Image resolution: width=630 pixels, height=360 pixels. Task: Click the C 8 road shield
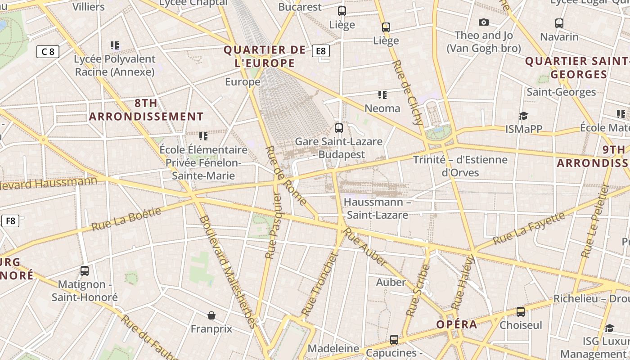coord(48,51)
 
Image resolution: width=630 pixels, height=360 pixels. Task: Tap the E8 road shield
coord(321,51)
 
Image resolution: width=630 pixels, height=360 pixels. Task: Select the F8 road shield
coord(10,221)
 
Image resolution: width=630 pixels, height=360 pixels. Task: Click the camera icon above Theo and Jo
coord(484,22)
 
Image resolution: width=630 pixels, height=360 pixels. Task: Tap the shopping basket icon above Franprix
coord(211,315)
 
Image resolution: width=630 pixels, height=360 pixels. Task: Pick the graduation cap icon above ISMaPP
coord(523,116)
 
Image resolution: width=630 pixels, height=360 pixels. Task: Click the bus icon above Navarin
coord(559,23)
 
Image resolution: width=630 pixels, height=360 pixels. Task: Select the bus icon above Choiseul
coord(521,311)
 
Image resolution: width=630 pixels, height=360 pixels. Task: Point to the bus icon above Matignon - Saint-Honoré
coord(85,271)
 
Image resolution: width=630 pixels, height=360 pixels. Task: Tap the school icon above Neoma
coord(382,95)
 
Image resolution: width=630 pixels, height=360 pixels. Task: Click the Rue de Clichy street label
coord(408,92)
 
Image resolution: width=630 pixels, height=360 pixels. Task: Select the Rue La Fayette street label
coord(529,229)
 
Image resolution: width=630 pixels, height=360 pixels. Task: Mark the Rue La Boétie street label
coord(126,219)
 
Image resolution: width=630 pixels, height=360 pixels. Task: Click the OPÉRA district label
coord(457,324)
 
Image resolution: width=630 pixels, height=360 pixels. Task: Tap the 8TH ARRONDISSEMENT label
coord(146,110)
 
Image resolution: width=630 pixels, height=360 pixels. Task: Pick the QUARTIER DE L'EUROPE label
coord(265,56)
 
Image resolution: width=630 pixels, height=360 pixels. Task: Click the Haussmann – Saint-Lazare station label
coord(378,208)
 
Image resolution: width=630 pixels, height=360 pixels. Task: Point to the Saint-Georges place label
coord(561,92)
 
